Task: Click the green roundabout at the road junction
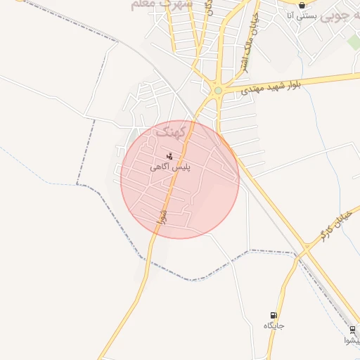tap(218, 90)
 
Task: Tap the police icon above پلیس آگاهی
tap(169, 156)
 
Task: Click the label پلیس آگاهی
tap(169, 167)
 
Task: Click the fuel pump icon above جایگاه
tap(274, 315)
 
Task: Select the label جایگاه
tap(274, 326)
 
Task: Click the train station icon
tap(352, 330)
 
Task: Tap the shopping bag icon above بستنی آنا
tap(302, 5)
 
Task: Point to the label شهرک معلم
tap(162, 4)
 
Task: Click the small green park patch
tap(354, 42)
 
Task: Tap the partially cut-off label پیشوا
tap(352, 340)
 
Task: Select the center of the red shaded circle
tap(180, 179)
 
